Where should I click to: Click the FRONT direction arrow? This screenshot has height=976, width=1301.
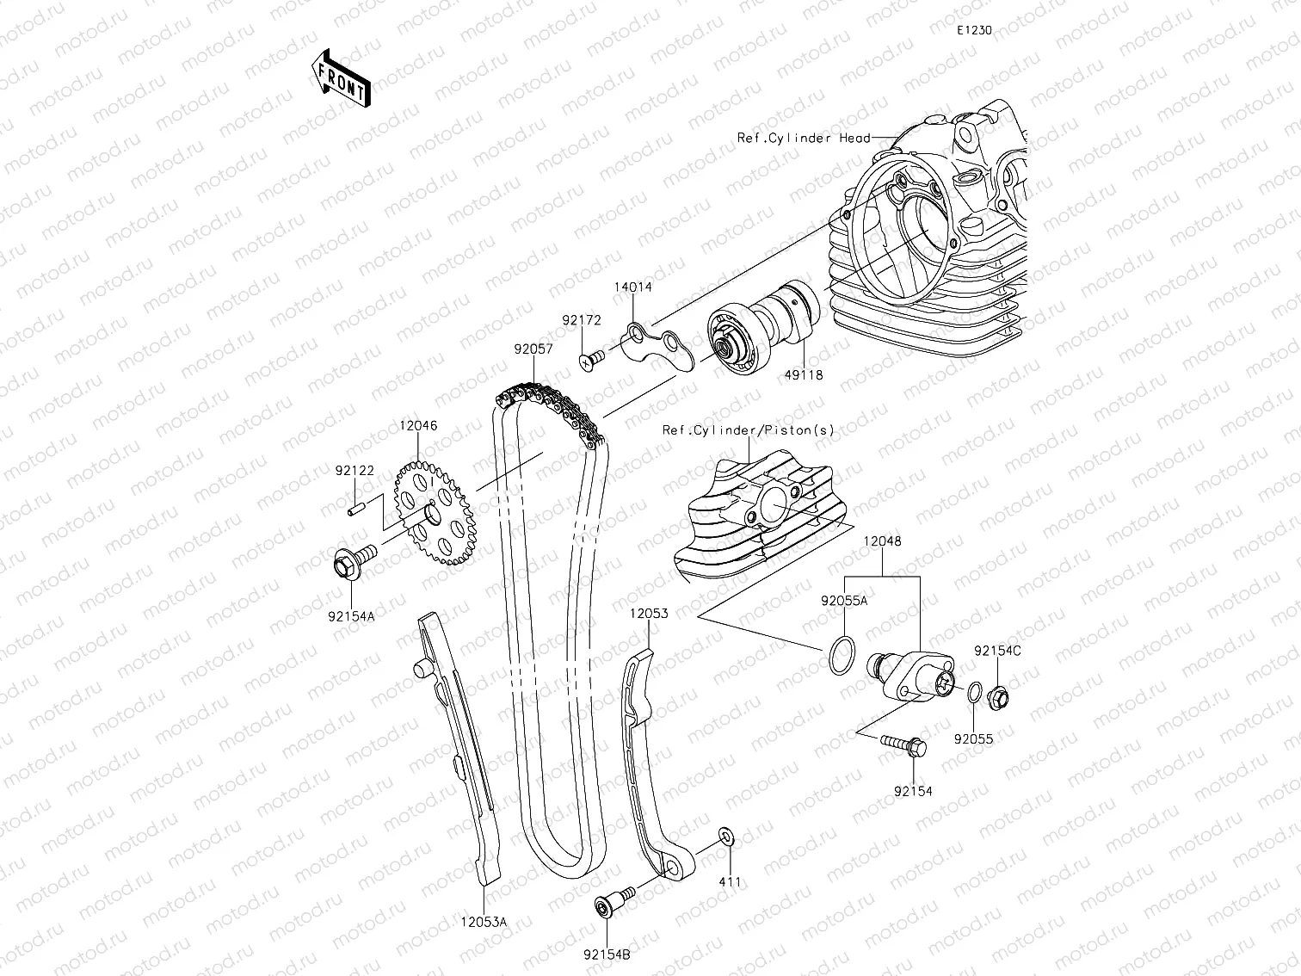tap(342, 78)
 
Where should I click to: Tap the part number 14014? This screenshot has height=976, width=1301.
tap(632, 288)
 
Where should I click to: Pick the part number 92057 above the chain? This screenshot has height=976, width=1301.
tap(533, 349)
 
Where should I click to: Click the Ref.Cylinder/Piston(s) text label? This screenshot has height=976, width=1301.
tap(748, 429)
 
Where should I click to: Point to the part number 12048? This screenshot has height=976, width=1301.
tap(882, 541)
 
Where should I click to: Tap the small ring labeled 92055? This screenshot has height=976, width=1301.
tap(973, 693)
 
